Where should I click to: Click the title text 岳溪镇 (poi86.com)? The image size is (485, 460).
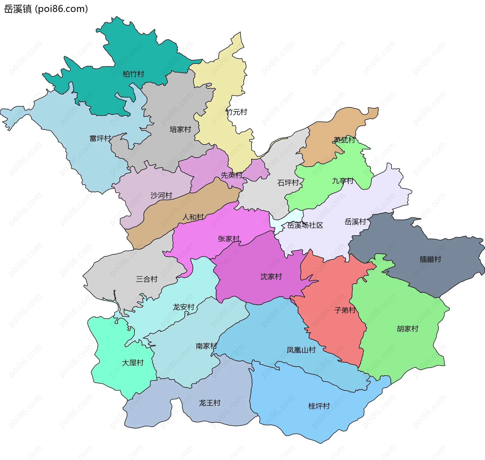(46, 9)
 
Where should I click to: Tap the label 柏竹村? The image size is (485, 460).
(133, 74)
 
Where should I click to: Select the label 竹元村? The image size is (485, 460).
(236, 112)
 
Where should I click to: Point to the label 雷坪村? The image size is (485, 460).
(100, 138)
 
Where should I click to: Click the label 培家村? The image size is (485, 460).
(180, 130)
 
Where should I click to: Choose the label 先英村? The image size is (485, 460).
(232, 175)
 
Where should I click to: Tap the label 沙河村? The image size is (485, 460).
(161, 195)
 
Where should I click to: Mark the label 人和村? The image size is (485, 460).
(193, 217)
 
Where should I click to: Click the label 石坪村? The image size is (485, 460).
(288, 183)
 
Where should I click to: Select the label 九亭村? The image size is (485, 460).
(343, 181)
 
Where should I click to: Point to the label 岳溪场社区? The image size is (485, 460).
(305, 225)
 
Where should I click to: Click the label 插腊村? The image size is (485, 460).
(430, 259)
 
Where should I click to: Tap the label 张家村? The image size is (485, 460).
(229, 239)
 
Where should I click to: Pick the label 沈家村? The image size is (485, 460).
(271, 276)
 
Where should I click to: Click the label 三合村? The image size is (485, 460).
(147, 279)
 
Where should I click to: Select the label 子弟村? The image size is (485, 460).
(345, 310)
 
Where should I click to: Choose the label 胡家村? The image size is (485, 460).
(407, 329)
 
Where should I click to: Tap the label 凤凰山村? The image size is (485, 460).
(301, 350)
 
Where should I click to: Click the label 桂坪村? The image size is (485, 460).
(319, 406)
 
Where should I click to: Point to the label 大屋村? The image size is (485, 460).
(133, 363)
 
